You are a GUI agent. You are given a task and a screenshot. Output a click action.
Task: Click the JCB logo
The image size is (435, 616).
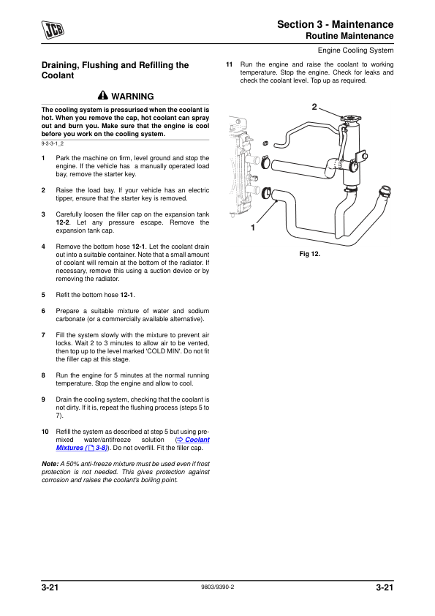click(x=53, y=30)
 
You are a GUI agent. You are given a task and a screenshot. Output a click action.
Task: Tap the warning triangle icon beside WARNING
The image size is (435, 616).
click(x=103, y=95)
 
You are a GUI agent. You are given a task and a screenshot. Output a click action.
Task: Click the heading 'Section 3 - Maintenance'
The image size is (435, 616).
click(x=336, y=24)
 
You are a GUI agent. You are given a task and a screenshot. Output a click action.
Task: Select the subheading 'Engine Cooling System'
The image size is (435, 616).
click(x=355, y=50)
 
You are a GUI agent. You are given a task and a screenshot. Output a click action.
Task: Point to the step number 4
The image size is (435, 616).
click(x=43, y=247)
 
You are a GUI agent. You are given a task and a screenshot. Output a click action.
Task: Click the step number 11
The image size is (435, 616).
click(x=230, y=64)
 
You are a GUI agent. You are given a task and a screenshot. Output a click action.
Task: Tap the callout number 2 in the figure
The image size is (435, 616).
click(x=314, y=107)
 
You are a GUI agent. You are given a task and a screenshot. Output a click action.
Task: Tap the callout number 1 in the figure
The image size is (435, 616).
click(x=253, y=228)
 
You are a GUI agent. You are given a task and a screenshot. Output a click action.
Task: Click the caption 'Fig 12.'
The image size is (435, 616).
click(x=310, y=254)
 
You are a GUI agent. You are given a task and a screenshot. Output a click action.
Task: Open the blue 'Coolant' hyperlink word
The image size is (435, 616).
click(x=197, y=440)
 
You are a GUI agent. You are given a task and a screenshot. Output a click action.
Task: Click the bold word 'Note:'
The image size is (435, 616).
click(x=50, y=464)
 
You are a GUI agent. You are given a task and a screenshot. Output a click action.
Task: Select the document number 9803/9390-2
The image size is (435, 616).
click(x=218, y=587)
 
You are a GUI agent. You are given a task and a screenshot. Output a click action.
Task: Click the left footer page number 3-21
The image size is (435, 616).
click(x=50, y=587)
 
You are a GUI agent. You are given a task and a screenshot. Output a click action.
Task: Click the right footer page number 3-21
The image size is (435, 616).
click(x=385, y=587)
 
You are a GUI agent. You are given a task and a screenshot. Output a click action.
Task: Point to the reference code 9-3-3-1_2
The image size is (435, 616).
click(x=53, y=144)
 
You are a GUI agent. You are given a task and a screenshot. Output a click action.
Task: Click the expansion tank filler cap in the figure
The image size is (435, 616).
click(x=351, y=118)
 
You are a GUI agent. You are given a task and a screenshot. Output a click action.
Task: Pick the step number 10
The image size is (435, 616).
click(x=45, y=432)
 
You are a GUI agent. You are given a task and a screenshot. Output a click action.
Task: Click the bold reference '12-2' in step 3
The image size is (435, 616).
click(x=62, y=222)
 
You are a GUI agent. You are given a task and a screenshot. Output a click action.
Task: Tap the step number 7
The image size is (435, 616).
click(x=43, y=335)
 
